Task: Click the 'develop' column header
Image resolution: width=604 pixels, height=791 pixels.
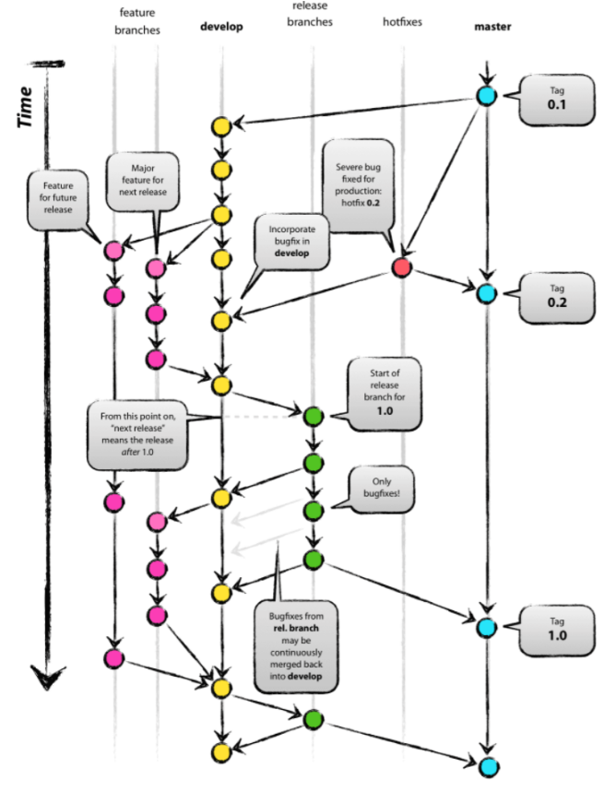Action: tap(221, 27)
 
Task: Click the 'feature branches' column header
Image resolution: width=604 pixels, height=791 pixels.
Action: tap(136, 20)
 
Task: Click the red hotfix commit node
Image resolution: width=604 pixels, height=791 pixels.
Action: tap(401, 267)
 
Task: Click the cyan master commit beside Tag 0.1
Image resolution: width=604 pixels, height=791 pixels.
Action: tap(486, 96)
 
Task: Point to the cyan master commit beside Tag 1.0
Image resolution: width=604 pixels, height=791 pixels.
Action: tap(486, 627)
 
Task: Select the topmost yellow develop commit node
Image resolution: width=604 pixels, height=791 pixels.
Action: tap(220, 125)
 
